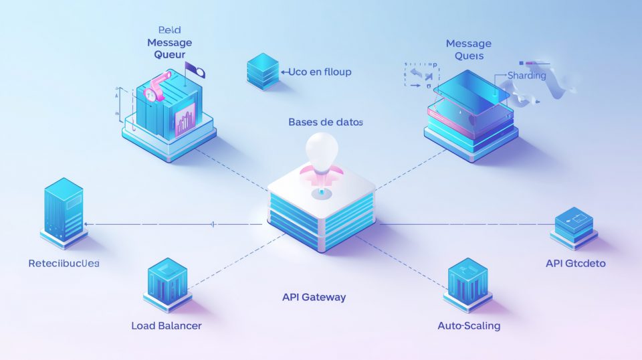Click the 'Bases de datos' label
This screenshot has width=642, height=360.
326,122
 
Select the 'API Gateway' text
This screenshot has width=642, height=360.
314,297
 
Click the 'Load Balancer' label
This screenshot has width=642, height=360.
167,326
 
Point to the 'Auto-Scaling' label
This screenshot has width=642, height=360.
469,326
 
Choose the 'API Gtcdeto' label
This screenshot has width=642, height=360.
576,264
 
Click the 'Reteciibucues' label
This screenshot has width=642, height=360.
64,264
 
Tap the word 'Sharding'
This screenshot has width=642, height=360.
527,76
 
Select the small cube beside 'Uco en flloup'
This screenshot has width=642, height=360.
262,72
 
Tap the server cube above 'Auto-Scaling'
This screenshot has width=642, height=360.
469,284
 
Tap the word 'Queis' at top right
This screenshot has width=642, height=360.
469,56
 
